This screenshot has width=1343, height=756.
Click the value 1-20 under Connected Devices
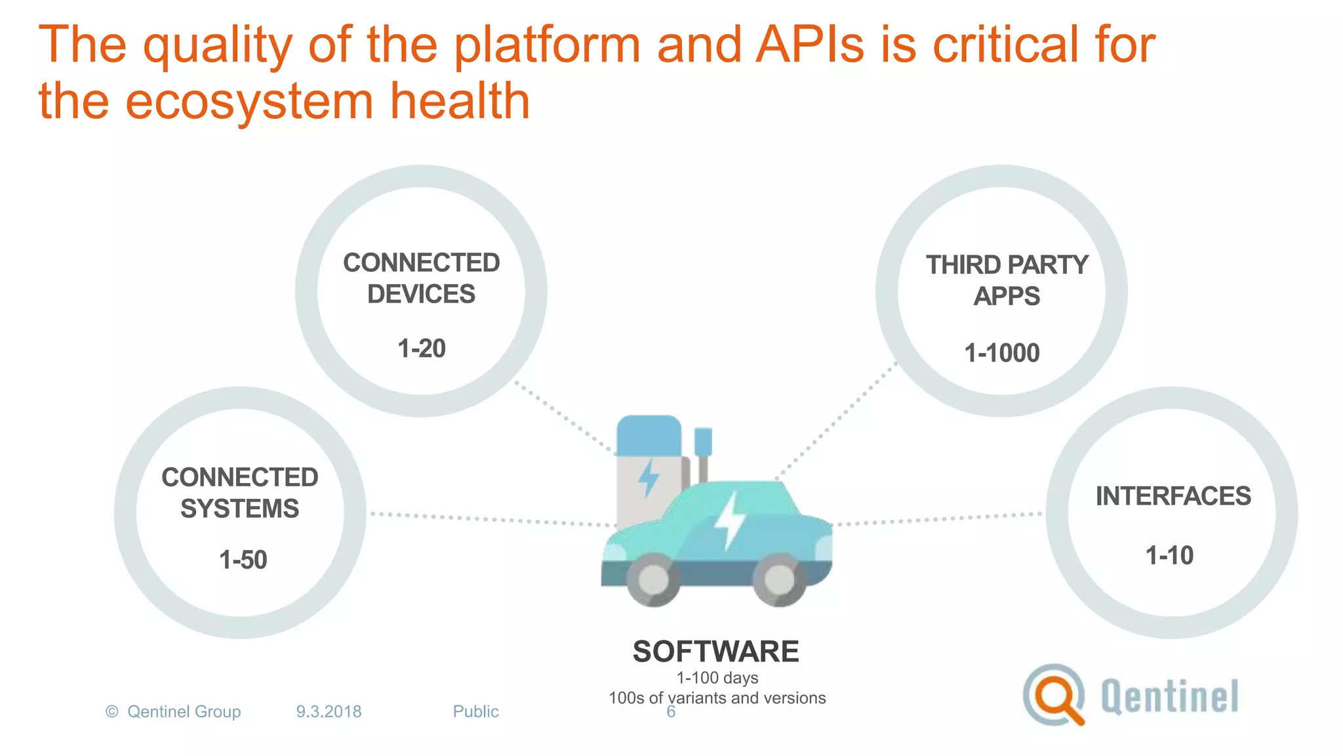tap(422, 348)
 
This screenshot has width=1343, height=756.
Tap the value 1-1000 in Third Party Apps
tap(1001, 353)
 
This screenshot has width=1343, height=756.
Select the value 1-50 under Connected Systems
tap(243, 560)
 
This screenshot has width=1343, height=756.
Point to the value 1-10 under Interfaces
tap(1169, 556)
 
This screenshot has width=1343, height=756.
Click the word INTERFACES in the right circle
tap(1173, 496)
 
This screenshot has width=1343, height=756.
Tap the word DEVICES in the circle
tap(421, 294)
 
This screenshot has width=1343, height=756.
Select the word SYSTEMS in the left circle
tap(239, 509)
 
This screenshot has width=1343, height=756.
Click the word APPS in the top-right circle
tap(1007, 297)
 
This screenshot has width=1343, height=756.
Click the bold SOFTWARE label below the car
tap(715, 652)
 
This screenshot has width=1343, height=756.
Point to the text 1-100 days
tap(717, 678)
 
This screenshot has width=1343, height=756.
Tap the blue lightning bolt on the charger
tap(649, 478)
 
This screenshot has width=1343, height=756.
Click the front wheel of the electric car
tap(779, 579)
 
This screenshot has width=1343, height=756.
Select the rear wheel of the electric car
tap(652, 579)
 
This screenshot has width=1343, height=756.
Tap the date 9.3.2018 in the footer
tap(329, 711)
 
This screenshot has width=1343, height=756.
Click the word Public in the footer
tap(475, 711)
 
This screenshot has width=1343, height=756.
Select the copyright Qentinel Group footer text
tap(174, 711)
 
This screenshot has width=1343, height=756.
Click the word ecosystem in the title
tap(249, 102)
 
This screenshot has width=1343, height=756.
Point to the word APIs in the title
tap(809, 45)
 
